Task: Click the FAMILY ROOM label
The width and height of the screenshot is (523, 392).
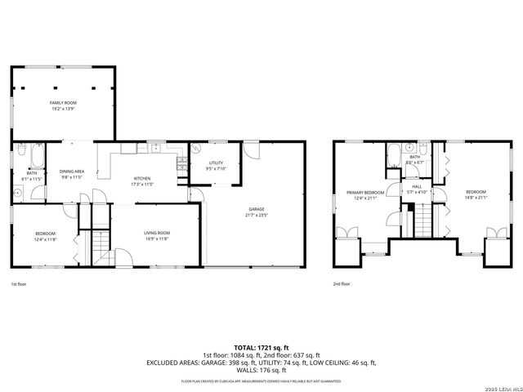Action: coord(62,102)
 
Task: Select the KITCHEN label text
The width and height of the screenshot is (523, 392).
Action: coord(142,179)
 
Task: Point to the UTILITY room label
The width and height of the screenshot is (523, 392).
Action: coord(216,163)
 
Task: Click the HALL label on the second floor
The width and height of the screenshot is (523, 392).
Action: coord(416,186)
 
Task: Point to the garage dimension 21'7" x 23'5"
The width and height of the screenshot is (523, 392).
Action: coord(256,215)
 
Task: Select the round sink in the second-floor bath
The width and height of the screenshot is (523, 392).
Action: coord(412,149)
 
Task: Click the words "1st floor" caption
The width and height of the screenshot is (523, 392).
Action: coord(19,284)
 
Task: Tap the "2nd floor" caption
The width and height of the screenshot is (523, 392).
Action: coord(342,284)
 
